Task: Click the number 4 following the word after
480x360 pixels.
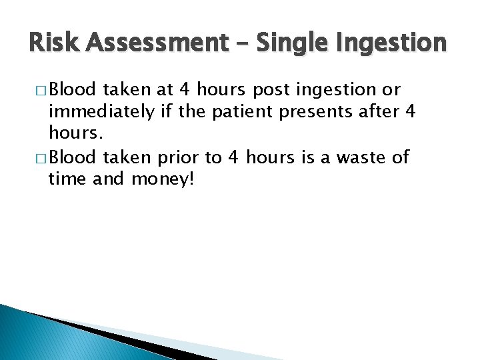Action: coord(410,112)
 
